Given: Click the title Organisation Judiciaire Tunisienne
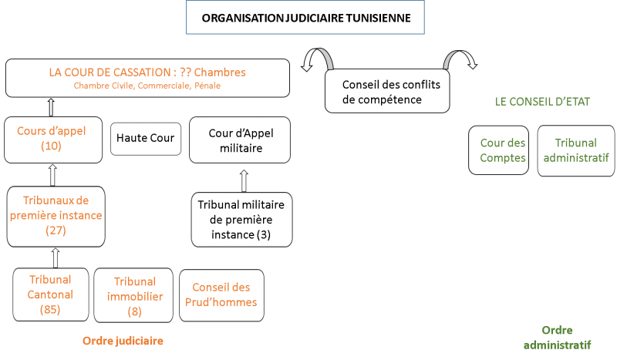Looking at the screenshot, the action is (x=305, y=18).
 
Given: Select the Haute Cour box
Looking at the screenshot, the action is (x=146, y=139).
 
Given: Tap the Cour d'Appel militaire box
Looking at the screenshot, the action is (x=240, y=140).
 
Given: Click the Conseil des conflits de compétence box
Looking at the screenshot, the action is (x=387, y=91).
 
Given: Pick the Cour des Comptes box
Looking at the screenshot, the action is (x=498, y=150).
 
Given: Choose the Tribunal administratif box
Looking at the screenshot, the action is (x=576, y=150).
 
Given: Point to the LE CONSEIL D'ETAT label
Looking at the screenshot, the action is (x=542, y=102).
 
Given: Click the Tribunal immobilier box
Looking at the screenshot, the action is (x=133, y=295).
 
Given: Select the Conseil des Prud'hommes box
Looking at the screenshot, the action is (x=221, y=295).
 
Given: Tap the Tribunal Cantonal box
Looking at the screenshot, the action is (x=51, y=294).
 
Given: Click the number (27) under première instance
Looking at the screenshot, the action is (x=56, y=230).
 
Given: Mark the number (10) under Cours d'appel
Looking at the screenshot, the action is (x=51, y=146).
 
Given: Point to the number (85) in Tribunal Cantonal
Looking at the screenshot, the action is (x=50, y=309).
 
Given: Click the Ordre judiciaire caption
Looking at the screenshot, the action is (x=123, y=341).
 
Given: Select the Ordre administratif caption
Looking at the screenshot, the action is (x=557, y=338).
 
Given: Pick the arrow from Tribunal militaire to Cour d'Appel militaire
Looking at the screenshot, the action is (x=244, y=181).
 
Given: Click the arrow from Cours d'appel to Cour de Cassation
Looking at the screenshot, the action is (x=51, y=107).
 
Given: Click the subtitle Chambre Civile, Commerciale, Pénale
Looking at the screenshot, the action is (x=147, y=86).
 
